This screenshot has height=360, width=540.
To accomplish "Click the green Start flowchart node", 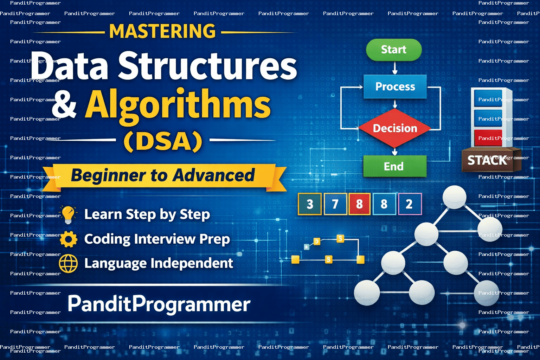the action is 394,50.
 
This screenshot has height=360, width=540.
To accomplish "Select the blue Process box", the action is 395,86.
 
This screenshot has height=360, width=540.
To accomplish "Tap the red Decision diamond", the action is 395,128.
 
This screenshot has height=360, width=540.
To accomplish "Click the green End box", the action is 395,166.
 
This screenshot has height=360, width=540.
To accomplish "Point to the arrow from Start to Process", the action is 395,68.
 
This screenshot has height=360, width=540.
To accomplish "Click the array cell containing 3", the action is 310,204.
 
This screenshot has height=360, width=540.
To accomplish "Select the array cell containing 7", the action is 335,204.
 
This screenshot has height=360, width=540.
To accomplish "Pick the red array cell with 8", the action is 359,204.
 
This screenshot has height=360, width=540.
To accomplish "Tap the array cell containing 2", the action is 410,204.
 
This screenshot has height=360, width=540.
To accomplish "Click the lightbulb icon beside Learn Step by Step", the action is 69,214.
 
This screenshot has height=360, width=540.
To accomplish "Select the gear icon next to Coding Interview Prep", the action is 69,239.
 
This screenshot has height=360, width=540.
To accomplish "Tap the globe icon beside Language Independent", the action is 69,263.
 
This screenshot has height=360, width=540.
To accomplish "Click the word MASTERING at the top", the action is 162,31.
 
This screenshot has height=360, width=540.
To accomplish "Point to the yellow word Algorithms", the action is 178,105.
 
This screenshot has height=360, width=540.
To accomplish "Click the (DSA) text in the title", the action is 163,141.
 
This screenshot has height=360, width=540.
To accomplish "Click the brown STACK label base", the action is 491,160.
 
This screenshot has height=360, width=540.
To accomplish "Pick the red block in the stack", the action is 488,138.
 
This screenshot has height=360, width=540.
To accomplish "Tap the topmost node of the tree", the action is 455,197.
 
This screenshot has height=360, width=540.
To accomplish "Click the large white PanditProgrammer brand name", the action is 159,304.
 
